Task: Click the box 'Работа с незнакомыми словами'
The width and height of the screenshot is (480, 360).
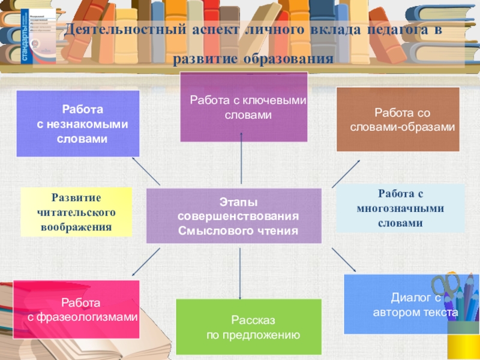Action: pyautogui.click(x=77, y=124)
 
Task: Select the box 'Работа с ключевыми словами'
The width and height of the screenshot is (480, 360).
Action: pyautogui.click(x=244, y=107)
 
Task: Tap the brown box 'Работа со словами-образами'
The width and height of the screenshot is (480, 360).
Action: pyautogui.click(x=398, y=119)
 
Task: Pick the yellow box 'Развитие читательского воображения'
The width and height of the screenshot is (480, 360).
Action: pyautogui.click(x=76, y=212)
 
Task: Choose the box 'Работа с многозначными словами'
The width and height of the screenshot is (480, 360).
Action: pyautogui.click(x=400, y=208)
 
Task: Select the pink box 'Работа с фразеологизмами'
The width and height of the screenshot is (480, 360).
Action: pyautogui.click(x=76, y=308)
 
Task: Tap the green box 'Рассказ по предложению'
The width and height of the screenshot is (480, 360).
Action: pyautogui.click(x=248, y=326)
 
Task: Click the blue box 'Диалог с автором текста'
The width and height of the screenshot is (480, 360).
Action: pyautogui.click(x=407, y=304)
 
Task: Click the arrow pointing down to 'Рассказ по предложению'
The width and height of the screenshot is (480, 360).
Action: pyautogui.click(x=241, y=273)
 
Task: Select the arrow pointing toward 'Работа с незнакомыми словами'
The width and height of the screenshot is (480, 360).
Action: pyautogui.click(x=145, y=172)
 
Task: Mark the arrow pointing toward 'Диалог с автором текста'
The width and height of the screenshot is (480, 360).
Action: pyautogui.click(x=343, y=260)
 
